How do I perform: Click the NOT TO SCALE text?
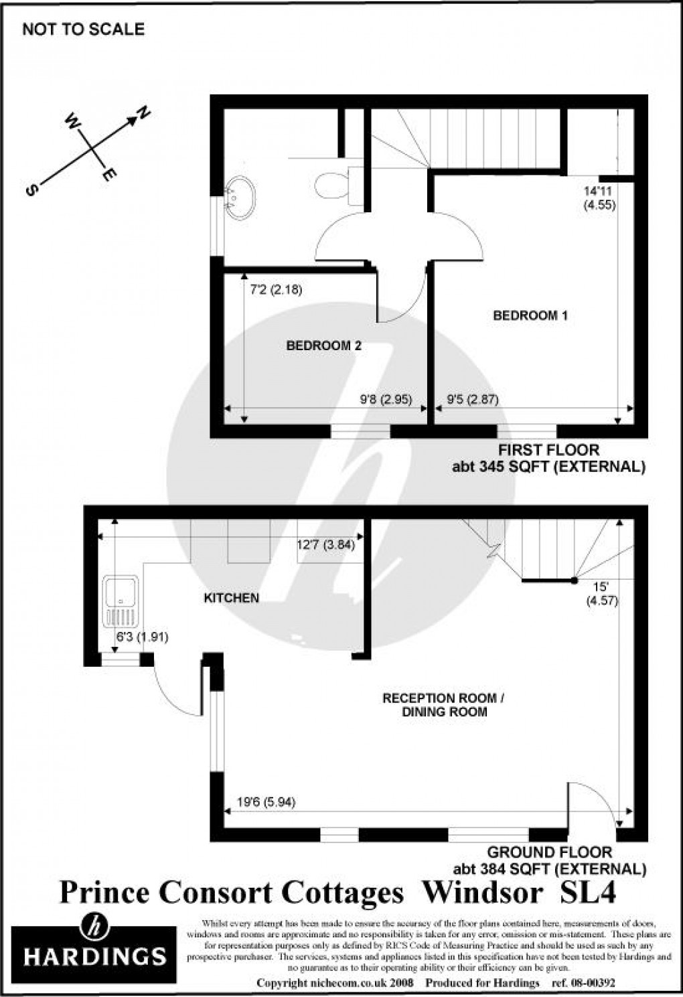[83, 29]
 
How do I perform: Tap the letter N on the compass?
[144, 114]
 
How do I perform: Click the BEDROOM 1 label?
[530, 315]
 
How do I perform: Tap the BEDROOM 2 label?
[323, 346]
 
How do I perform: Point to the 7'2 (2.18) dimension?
[277, 290]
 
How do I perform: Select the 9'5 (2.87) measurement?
[472, 400]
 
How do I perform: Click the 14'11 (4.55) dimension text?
[598, 199]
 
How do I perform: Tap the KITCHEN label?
[231, 598]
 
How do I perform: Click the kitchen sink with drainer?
[121, 599]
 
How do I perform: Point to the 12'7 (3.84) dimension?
[325, 545]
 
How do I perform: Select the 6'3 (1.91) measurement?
[141, 637]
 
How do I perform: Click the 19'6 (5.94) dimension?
[266, 801]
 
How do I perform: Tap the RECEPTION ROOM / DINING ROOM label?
[443, 704]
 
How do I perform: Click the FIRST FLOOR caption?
[549, 450]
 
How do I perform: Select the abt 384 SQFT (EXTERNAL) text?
[549, 870]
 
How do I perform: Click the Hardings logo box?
[94, 947]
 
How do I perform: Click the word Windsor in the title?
[483, 892]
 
